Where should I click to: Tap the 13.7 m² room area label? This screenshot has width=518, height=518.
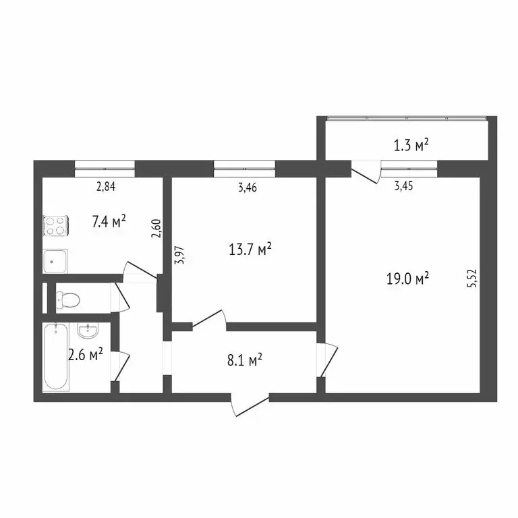250,250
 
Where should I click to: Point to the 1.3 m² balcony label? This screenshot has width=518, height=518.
411,144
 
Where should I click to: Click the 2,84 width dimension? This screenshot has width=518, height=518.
106,187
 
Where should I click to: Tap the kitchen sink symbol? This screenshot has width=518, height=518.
55,260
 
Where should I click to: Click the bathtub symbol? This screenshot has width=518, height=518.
55,357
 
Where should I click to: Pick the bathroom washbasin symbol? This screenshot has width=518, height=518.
87,331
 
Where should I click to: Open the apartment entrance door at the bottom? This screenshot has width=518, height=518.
248,405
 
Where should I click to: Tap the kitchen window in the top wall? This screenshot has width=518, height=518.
105,165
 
